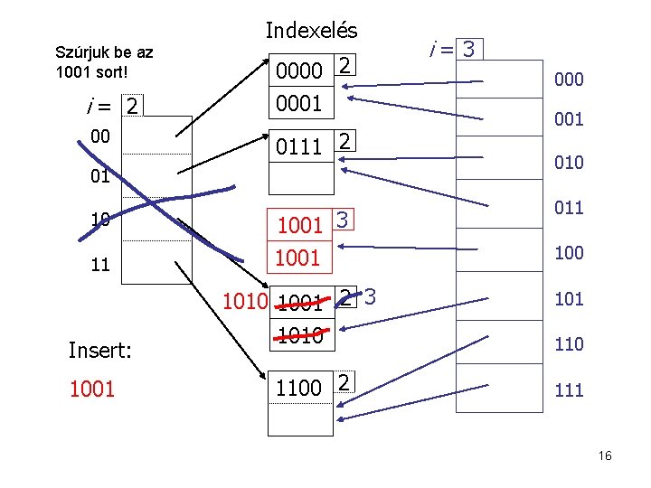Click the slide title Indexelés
[x=311, y=30]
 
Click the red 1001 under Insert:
[x=91, y=389]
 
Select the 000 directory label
[x=568, y=80]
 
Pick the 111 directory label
[x=568, y=390]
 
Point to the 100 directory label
[x=568, y=253]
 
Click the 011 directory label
[x=568, y=208]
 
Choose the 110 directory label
[x=568, y=344]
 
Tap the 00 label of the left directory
[x=100, y=136]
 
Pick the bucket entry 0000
[x=299, y=68]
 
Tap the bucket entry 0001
[x=299, y=103]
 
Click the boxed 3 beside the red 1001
[x=342, y=219]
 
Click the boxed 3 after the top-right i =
[x=468, y=48]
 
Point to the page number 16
[x=605, y=456]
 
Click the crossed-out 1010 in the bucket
[x=299, y=337]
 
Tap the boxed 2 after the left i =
[x=132, y=107]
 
